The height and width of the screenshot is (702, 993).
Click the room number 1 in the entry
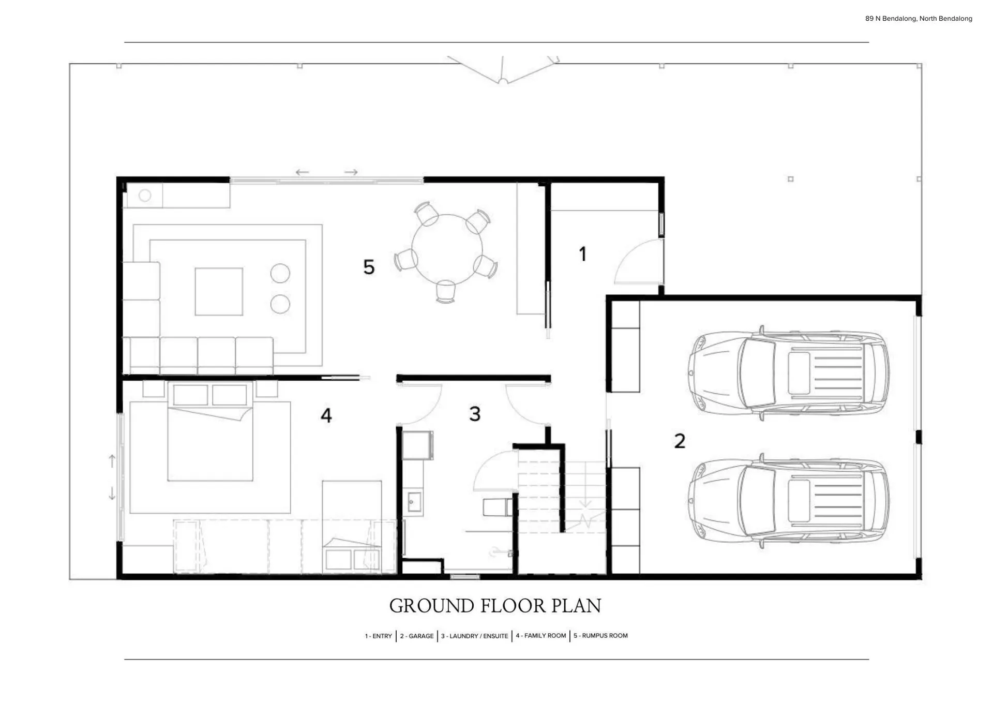pyautogui.click(x=583, y=254)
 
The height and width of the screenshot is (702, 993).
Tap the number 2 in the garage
pyautogui.click(x=680, y=441)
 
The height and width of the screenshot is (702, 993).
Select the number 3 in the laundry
pyautogui.click(x=475, y=414)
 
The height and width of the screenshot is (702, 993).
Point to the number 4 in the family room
pyautogui.click(x=326, y=415)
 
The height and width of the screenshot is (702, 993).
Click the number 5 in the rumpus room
pyautogui.click(x=369, y=267)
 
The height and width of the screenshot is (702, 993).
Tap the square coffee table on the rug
pyautogui.click(x=219, y=291)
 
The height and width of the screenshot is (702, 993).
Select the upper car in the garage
pyautogui.click(x=789, y=372)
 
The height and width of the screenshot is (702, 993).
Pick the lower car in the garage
pyautogui.click(x=789, y=501)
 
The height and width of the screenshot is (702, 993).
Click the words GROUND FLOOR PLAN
pyautogui.click(x=495, y=606)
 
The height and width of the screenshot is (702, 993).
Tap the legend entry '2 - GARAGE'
pyautogui.click(x=417, y=636)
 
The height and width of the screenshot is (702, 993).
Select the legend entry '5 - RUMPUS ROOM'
pyautogui.click(x=600, y=636)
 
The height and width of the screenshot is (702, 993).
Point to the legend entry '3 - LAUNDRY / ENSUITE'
pyautogui.click(x=474, y=636)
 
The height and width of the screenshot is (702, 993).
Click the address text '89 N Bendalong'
pyautogui.click(x=891, y=19)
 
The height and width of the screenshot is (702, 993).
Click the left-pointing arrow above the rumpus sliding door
pyautogui.click(x=303, y=172)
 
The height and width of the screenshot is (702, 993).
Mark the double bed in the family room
pyautogui.click(x=210, y=432)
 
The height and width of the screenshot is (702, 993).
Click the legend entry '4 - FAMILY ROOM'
pyautogui.click(x=541, y=636)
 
